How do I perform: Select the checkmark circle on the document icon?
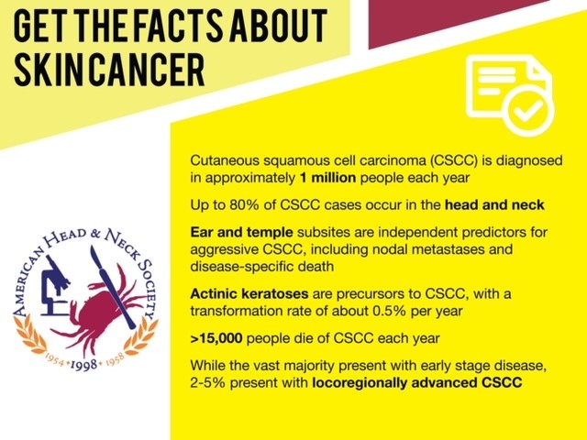click(527, 110)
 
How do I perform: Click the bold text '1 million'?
click(328, 177)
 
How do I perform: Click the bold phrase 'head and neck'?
click(494, 204)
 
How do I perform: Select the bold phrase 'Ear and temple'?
click(241, 232)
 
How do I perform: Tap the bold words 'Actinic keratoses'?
click(249, 293)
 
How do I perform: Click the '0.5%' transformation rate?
click(389, 311)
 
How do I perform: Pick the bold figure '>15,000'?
click(216, 338)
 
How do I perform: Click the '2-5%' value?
click(208, 383)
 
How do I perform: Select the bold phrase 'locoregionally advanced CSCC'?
click(417, 383)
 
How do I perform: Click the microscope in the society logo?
click(55, 285)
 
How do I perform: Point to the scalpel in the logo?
click(112, 287)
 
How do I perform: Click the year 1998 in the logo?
click(83, 365)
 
